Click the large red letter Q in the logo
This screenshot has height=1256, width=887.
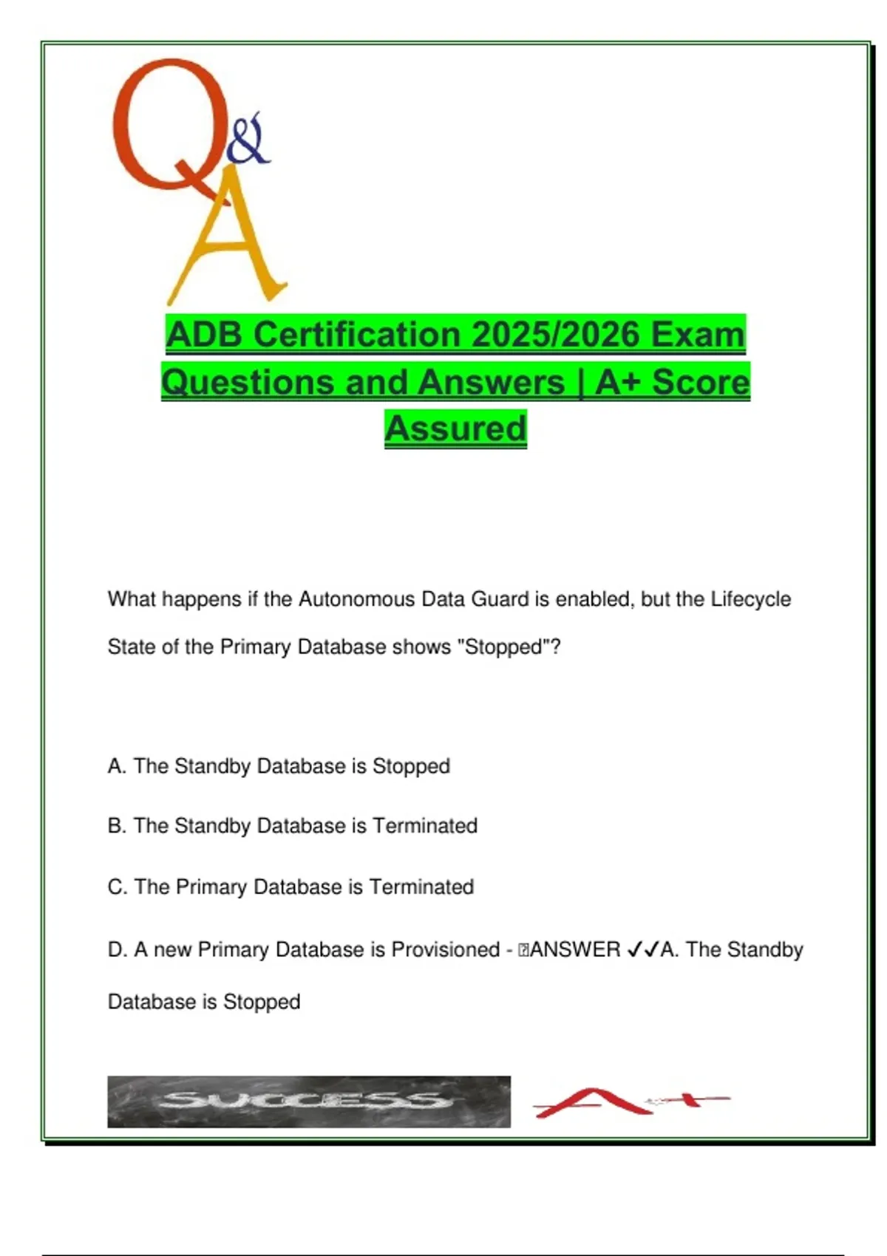coord(166,126)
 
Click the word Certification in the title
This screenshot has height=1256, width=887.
coord(357,335)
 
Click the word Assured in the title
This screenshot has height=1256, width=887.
coord(455,429)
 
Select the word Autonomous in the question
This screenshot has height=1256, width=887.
coord(357,599)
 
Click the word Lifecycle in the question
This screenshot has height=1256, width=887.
coord(750,599)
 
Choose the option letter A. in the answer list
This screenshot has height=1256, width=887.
coord(117,766)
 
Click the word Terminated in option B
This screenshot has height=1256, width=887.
coord(424,826)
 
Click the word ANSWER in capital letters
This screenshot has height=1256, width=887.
coord(575,950)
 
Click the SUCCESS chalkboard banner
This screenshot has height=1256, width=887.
coord(309,1102)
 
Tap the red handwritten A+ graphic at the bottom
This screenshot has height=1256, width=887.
coord(628,1102)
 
